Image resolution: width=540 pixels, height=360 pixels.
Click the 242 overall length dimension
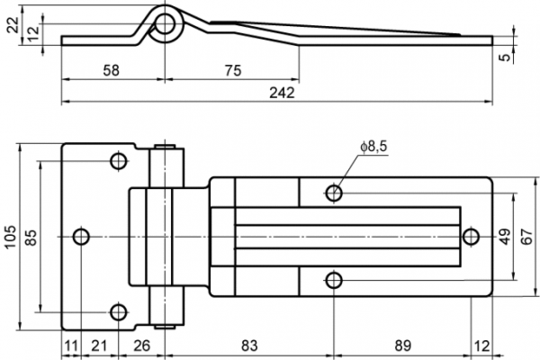point(282,93)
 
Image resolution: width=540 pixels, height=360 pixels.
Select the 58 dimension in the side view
point(112,70)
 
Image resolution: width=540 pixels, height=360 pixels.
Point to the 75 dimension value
point(233,70)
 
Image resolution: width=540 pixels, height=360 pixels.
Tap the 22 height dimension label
point(13,25)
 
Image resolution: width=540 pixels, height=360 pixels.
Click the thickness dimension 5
point(505,57)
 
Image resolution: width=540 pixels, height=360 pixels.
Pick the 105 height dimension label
point(10,237)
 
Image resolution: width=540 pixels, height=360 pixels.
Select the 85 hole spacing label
point(31,238)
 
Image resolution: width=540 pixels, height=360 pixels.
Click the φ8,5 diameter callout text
point(374,147)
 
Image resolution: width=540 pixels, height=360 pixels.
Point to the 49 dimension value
point(505,237)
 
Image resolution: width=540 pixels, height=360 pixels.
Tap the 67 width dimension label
point(526,237)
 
